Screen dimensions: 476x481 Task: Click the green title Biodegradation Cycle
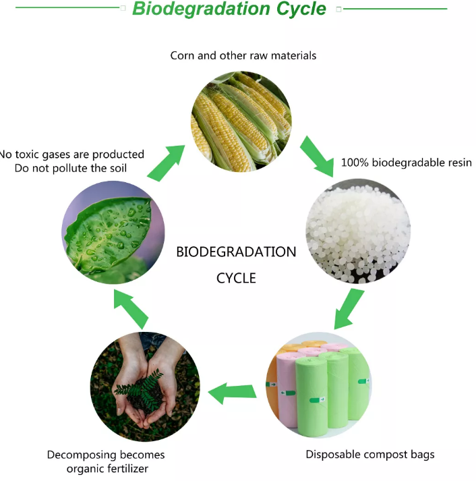click(x=229, y=9)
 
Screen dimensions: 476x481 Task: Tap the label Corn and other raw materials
click(x=243, y=55)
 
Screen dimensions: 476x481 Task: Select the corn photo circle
click(x=241, y=121)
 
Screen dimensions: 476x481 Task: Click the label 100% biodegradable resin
click(x=407, y=163)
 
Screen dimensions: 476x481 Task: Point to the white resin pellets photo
click(x=358, y=231)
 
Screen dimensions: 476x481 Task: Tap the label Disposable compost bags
click(x=370, y=454)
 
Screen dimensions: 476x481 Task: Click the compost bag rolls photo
click(x=319, y=385)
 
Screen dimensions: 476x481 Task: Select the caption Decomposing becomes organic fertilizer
click(x=106, y=461)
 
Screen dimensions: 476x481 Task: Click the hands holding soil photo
click(x=145, y=387)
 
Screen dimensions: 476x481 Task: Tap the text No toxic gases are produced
click(x=71, y=154)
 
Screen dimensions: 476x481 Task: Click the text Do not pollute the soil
click(x=71, y=168)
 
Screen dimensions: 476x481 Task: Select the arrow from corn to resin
click(x=318, y=156)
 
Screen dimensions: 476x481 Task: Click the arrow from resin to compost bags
click(x=349, y=309)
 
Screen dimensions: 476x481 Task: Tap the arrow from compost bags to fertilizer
click(x=232, y=393)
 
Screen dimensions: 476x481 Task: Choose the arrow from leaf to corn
click(x=167, y=163)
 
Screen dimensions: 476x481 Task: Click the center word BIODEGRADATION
click(x=236, y=252)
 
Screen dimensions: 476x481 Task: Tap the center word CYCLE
click(x=236, y=278)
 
